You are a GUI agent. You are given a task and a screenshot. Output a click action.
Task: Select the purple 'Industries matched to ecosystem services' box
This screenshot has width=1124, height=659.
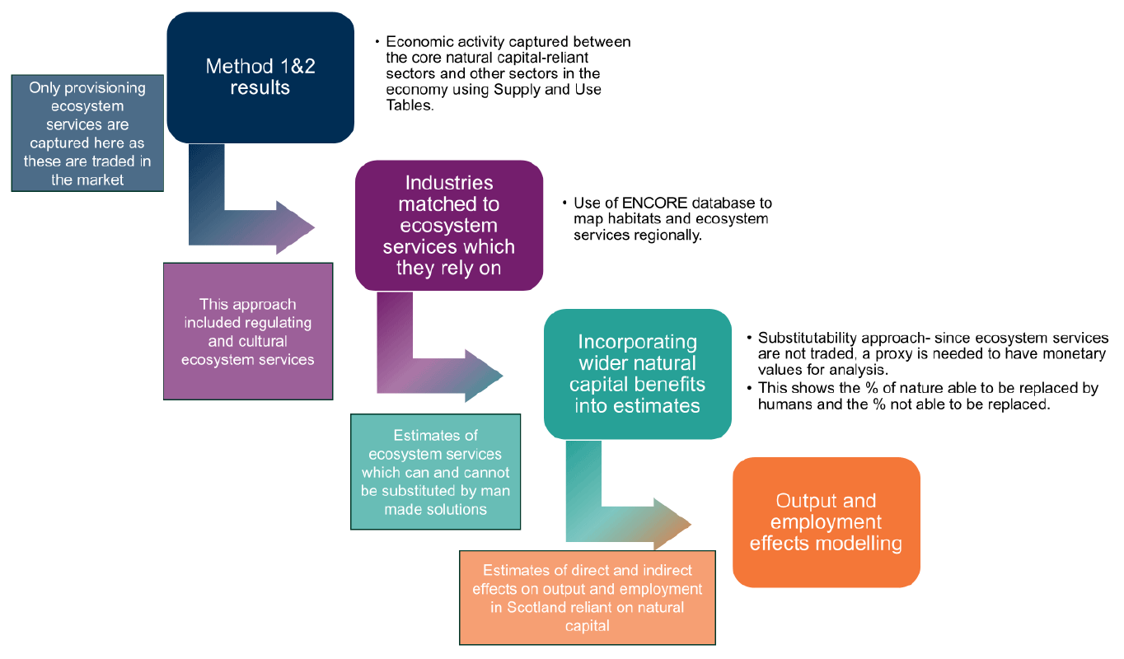(x=448, y=225)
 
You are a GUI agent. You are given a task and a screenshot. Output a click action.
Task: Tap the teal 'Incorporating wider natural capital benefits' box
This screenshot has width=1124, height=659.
(x=637, y=373)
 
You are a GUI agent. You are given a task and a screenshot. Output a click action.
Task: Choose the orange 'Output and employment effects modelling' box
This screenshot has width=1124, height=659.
(x=826, y=521)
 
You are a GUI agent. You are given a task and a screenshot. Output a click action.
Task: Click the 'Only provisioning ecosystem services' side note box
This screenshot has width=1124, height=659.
(x=87, y=133)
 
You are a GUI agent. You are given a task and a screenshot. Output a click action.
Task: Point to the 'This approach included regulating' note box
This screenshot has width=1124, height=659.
(x=247, y=331)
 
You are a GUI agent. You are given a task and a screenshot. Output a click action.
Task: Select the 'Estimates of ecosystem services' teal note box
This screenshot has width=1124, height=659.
(x=435, y=471)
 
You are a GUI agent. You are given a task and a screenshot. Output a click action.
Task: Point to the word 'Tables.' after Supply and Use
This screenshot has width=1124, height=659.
(x=410, y=105)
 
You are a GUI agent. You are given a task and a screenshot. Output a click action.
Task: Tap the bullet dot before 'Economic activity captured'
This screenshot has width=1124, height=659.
(x=377, y=42)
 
